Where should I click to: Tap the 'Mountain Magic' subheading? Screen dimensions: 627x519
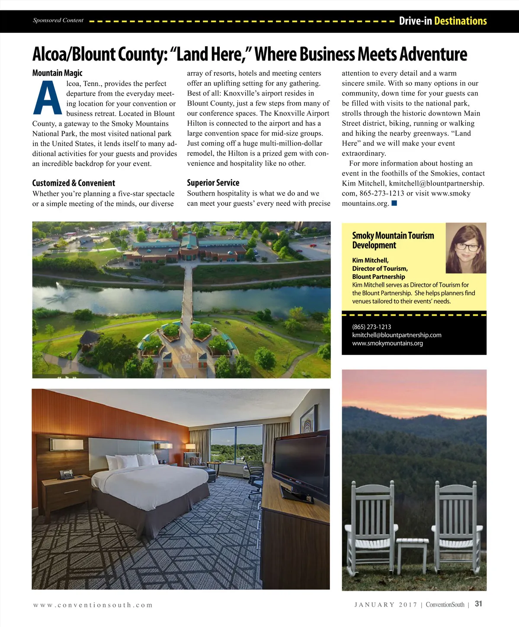(57, 73)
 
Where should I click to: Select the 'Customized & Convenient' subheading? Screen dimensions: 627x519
(74, 183)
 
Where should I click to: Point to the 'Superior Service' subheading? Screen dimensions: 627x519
(213, 182)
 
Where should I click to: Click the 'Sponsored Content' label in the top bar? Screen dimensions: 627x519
(58, 20)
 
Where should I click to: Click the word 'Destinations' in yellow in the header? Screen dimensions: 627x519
(460, 21)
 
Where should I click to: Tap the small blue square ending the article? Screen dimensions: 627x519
(394, 203)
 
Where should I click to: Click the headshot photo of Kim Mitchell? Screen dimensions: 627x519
(466, 248)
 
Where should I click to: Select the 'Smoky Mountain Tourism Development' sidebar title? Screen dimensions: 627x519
(393, 240)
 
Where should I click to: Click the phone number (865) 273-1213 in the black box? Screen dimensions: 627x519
(372, 327)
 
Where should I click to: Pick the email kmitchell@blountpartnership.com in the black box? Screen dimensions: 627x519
(397, 335)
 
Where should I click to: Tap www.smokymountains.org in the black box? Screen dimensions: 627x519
(388, 343)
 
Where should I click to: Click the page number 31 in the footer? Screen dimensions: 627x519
(478, 604)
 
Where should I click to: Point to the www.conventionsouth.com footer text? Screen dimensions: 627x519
(93, 605)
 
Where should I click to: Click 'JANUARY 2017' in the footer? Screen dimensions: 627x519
(385, 605)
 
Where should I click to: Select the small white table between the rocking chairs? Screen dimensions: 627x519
(412, 551)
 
